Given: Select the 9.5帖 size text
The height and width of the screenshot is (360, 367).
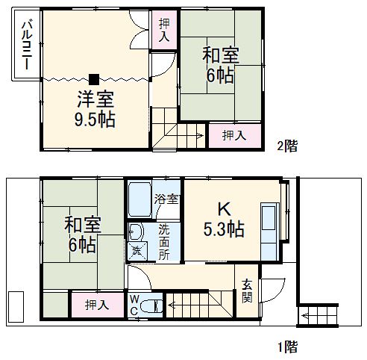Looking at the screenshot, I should (94, 119).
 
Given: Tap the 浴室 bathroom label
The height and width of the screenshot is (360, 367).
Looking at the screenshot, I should (166, 199).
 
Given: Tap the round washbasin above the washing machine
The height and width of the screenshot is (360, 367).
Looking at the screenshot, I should (136, 230).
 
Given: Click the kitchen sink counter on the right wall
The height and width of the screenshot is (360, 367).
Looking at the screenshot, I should (269, 220).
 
